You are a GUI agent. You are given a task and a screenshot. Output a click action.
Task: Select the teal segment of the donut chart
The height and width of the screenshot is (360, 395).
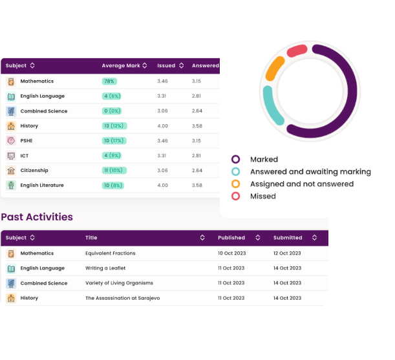[x=272, y=109]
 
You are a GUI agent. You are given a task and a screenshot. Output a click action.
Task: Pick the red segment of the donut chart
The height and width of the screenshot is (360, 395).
[x=297, y=50]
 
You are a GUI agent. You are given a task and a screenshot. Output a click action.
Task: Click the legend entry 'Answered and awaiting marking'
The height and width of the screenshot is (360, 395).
[x=310, y=172]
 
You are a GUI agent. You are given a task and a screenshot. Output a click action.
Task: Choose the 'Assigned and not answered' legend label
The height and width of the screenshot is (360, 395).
[x=301, y=184]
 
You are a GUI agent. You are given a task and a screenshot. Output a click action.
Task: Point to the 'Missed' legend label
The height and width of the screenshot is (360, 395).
[x=262, y=196]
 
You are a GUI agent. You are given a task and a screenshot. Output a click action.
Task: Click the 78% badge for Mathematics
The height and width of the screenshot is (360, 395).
[x=109, y=81]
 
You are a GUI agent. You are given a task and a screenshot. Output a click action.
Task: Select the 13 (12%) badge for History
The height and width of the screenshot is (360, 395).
[x=114, y=126]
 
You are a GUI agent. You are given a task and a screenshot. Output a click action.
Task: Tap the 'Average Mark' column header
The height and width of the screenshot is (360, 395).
[x=121, y=65]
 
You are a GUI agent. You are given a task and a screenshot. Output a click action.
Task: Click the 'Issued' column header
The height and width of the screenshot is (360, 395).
[x=166, y=65]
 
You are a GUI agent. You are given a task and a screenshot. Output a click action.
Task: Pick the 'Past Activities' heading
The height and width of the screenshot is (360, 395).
[x=37, y=217]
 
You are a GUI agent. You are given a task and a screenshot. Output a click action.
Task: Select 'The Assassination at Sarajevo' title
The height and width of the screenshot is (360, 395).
[x=122, y=298]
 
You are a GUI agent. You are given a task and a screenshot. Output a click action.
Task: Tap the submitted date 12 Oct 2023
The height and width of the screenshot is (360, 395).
[x=288, y=253]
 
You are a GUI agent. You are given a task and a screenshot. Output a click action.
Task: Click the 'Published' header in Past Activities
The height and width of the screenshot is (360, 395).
[x=231, y=238]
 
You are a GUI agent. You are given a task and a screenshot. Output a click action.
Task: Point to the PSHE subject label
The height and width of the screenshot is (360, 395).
[x=28, y=141]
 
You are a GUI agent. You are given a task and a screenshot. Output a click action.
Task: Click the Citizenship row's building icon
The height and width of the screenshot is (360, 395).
[x=11, y=171]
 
